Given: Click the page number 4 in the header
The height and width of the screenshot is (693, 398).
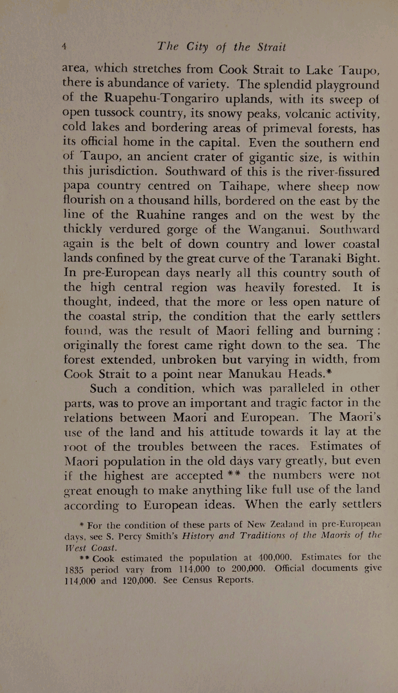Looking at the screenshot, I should coord(65,46).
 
